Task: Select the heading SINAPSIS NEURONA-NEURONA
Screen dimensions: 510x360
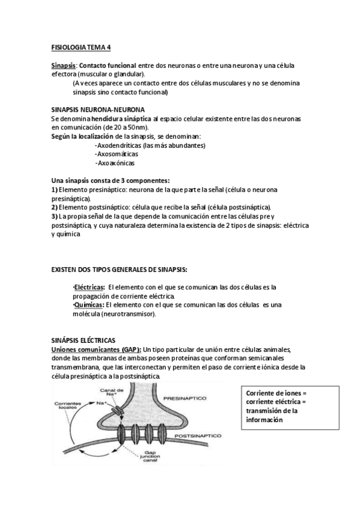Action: click(x=97, y=109)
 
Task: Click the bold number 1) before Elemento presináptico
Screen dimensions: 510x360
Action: click(x=55, y=189)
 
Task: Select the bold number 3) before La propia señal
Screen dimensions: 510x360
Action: click(x=55, y=216)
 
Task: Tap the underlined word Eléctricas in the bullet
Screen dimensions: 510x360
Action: click(x=88, y=287)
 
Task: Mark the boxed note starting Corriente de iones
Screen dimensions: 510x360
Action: click(x=276, y=407)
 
